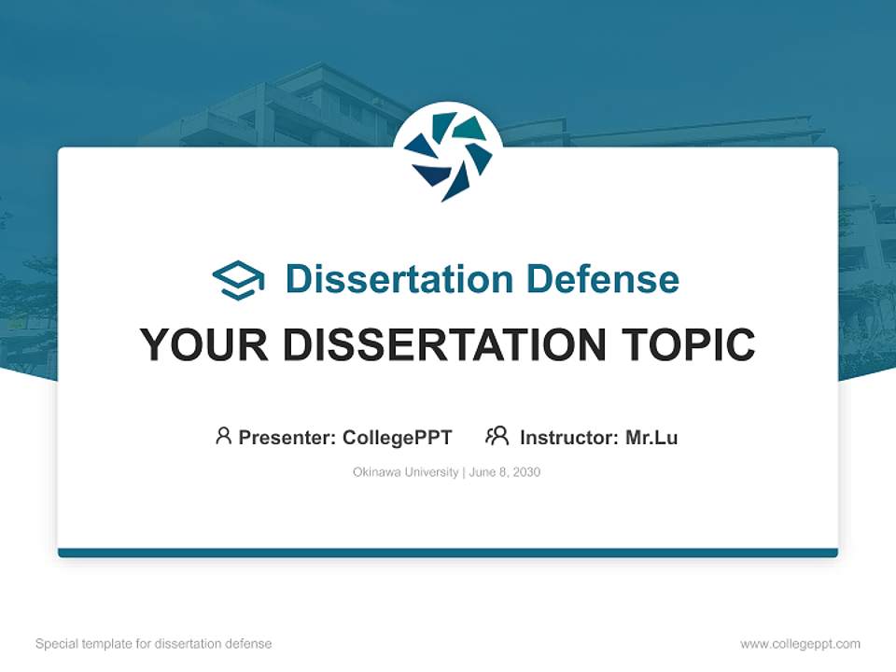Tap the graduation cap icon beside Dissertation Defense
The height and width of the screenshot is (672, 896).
click(x=238, y=280)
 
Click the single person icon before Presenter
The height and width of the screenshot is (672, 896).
click(x=223, y=436)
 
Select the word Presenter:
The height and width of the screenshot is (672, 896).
click(x=287, y=437)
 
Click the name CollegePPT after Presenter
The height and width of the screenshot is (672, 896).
click(x=398, y=437)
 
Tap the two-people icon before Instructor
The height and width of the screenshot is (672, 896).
click(x=497, y=436)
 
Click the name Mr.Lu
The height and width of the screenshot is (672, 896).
click(x=651, y=437)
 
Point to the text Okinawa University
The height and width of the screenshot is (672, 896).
click(x=405, y=472)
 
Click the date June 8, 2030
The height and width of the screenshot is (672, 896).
click(x=505, y=472)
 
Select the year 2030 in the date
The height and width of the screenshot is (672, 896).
click(x=526, y=472)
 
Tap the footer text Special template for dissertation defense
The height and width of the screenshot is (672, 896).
click(x=153, y=644)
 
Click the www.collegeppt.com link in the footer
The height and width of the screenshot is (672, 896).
click(x=800, y=644)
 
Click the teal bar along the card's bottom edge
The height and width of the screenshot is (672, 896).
click(x=448, y=553)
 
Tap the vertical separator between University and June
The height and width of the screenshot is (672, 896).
click(x=463, y=472)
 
